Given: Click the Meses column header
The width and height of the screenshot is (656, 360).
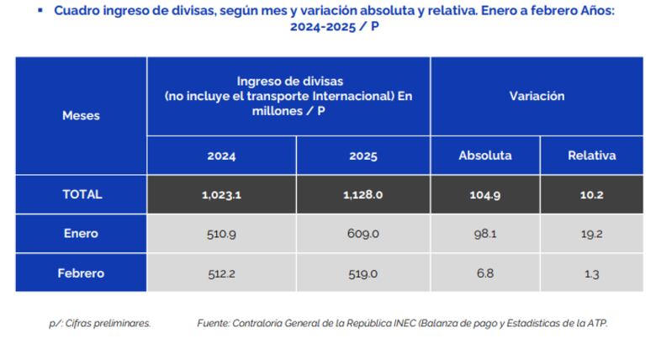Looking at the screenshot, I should (x=81, y=116).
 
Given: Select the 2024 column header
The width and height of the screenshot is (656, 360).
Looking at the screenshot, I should (x=221, y=156).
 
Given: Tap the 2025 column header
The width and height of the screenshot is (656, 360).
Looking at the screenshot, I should (x=362, y=156).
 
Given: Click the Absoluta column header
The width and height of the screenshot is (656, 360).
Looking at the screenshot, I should (x=484, y=156).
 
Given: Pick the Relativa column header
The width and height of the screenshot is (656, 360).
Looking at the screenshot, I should (x=591, y=156).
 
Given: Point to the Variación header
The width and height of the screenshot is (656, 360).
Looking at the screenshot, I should (x=537, y=96).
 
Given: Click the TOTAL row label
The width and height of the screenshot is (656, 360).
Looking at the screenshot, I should (x=82, y=194).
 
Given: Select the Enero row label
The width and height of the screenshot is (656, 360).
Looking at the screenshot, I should (x=81, y=234).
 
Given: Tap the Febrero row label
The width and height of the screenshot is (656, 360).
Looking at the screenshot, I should (x=81, y=273).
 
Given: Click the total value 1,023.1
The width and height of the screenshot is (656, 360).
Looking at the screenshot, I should (x=221, y=194).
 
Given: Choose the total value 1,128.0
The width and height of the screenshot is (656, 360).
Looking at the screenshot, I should (x=362, y=194).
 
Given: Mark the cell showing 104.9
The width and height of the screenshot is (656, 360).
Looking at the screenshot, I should (x=484, y=194).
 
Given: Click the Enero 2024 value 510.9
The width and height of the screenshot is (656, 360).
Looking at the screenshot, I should (x=221, y=234).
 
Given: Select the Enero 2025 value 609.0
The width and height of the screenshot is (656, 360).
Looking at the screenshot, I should (x=362, y=234).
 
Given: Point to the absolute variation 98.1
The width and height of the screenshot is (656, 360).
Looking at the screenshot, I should (x=484, y=234).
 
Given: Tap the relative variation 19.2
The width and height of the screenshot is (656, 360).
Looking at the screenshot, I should (x=591, y=234).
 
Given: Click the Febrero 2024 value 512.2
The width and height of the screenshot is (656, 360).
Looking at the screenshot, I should (x=221, y=273).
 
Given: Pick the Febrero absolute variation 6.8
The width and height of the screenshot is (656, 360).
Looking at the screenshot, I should (x=484, y=273).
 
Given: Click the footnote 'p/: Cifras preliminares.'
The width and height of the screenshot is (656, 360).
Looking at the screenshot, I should (x=99, y=323).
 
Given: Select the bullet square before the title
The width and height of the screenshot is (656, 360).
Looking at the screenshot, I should (x=40, y=11).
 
